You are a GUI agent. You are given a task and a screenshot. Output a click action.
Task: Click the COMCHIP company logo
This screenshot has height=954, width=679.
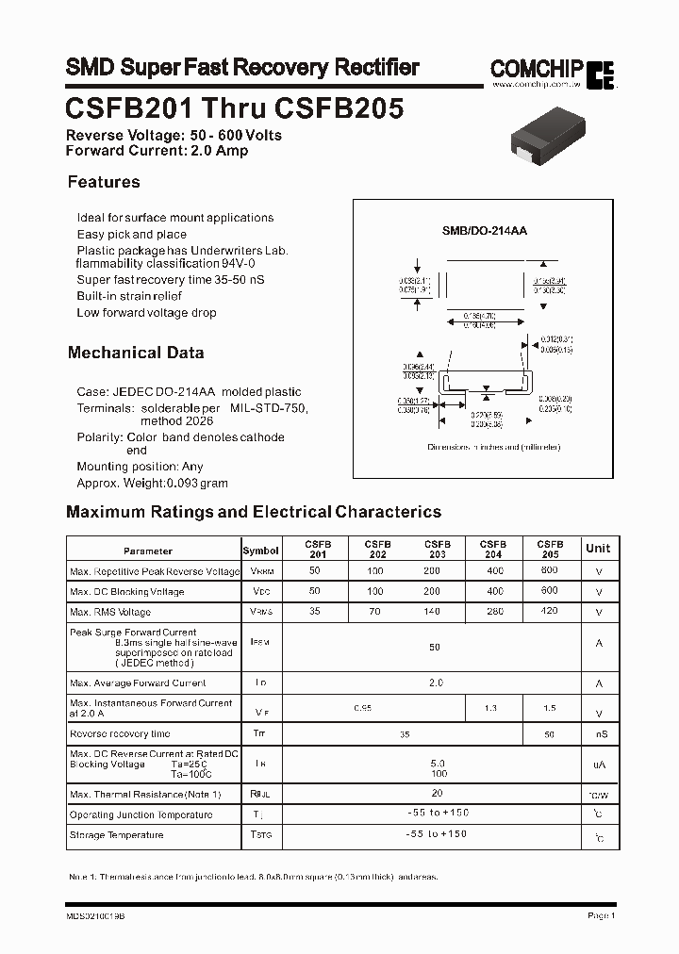coord(552,72)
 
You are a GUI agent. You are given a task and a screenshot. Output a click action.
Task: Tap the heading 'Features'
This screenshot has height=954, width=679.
coord(104,182)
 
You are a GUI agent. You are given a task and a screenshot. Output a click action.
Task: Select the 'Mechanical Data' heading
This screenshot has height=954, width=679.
coord(136,353)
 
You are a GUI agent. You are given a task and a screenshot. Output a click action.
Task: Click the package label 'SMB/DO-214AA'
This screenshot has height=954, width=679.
coord(485,230)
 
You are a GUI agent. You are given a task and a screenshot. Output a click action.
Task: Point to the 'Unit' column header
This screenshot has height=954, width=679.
coord(598,549)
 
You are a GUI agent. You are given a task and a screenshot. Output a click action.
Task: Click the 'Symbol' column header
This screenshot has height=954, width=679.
coord(260,551)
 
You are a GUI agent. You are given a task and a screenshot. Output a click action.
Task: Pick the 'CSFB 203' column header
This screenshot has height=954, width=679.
coord(437,550)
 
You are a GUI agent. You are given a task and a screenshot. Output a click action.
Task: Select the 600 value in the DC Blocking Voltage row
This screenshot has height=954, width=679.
coord(550,591)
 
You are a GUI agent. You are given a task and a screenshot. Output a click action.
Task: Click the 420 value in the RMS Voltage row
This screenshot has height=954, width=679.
coord(550,612)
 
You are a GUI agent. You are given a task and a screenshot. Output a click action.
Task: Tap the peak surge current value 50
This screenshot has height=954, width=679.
coord(435,648)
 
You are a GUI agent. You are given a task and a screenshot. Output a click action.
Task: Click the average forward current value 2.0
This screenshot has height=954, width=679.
coord(435,683)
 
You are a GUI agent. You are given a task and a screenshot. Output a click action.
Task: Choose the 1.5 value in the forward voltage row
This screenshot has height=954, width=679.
coord(550,708)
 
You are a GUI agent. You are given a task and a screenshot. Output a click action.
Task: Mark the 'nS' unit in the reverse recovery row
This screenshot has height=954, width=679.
coord(600,733)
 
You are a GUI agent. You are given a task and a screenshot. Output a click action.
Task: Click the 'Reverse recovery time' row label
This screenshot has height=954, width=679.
coord(120,733)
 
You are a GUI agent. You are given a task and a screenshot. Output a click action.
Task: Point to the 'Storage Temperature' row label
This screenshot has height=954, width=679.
coord(116,835)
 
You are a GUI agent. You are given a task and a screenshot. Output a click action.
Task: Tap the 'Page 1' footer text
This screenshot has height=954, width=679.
coord(601,915)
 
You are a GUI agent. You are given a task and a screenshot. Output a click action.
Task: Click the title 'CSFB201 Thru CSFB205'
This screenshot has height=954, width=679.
coord(235,108)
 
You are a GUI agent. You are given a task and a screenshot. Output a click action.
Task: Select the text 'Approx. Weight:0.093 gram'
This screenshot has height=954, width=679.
coord(152,483)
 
